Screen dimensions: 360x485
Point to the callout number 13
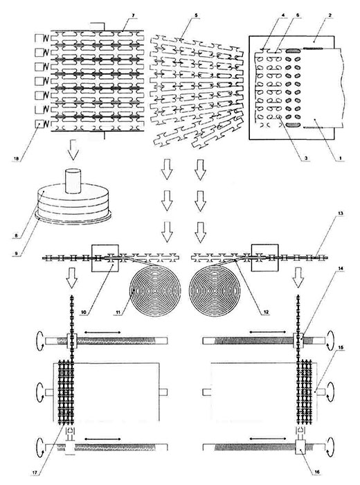click(341, 213)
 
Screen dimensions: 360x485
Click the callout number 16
click(318, 472)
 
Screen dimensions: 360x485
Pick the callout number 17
click(35, 472)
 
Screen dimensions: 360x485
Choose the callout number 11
click(118, 312)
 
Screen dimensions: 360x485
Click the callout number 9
click(17, 253)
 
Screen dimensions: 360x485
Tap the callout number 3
click(306, 158)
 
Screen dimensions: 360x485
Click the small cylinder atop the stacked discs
click(73, 181)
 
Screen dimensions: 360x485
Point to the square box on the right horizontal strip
click(265, 258)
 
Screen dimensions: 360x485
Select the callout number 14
click(341, 269)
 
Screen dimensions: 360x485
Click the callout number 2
click(330, 15)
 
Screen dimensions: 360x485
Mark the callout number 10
click(83, 312)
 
